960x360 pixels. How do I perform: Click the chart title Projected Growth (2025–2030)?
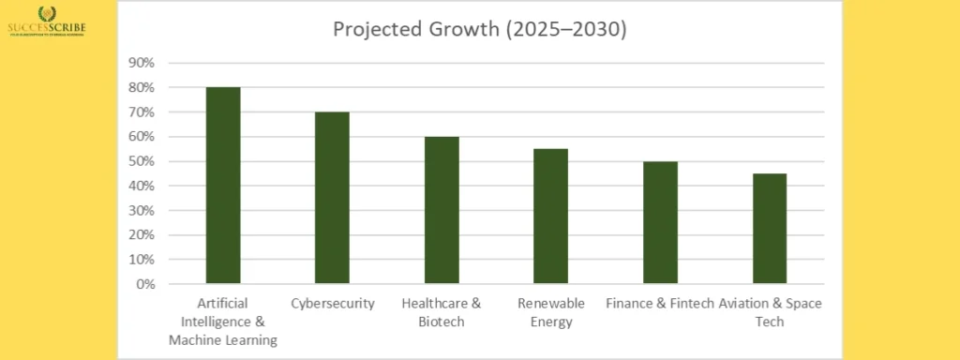[479, 30]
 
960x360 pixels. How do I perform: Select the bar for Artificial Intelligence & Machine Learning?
[223, 185]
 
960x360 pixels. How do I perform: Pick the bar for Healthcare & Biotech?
[442, 210]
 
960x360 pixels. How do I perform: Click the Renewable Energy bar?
[550, 216]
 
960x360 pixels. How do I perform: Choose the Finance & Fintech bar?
[660, 222]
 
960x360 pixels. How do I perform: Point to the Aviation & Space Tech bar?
[769, 228]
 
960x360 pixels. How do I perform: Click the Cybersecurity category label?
[333, 304]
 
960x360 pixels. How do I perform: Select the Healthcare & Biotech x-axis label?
[442, 312]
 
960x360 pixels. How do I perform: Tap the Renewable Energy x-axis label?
[550, 312]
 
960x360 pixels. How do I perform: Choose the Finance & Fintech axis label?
[659, 304]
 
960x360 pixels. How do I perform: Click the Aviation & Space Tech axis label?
[769, 312]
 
